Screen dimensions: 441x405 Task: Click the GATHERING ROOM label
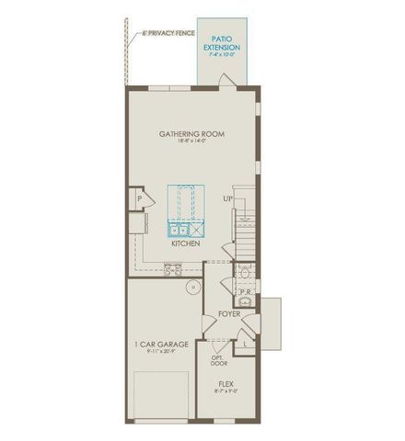point(191,133)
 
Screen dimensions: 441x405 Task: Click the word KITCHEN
point(187,245)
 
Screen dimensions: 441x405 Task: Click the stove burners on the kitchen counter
point(171,269)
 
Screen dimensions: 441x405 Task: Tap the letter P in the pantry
point(140,198)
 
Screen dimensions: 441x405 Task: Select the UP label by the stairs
point(226,198)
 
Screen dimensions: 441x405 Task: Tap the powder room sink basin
point(246,302)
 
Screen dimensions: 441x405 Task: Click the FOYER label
point(228,315)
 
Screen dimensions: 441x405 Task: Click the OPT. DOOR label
point(218,361)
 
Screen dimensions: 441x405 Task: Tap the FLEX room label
point(226,386)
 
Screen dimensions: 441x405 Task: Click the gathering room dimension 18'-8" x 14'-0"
point(191,142)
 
